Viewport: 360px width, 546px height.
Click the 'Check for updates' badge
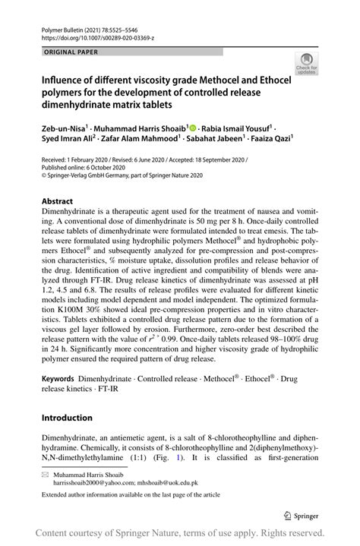click(x=306, y=63)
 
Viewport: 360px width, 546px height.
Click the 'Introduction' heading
click(x=67, y=418)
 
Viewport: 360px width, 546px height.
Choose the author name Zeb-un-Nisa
click(x=63, y=129)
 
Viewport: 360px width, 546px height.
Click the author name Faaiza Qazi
click(x=273, y=140)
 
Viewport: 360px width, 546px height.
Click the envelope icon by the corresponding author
click(x=46, y=472)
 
